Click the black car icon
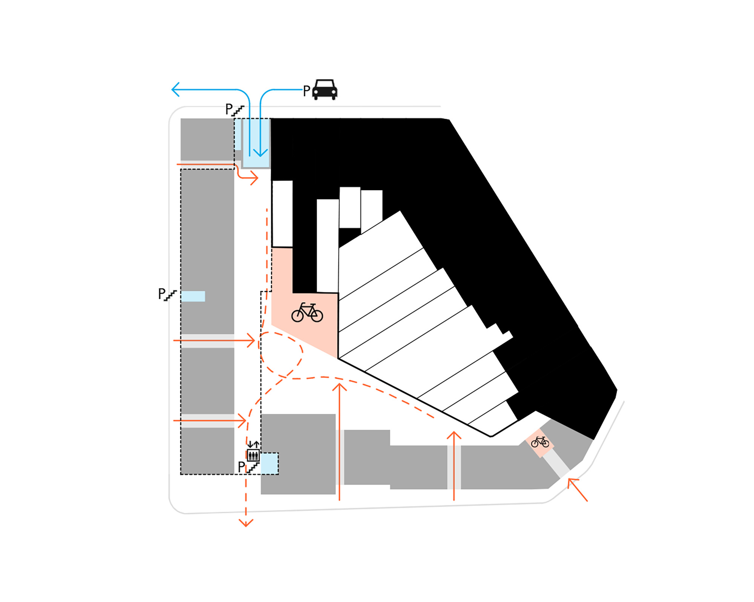coord(325,90)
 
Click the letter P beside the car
coord(307,91)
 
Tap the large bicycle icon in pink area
coord(307,312)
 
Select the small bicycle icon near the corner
coord(540,442)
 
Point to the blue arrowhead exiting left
coord(175,89)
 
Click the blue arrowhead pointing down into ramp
coord(260,152)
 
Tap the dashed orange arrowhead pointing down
coord(246,523)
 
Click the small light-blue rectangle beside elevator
coord(269,464)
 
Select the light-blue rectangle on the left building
coord(193,296)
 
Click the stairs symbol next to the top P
coord(238,111)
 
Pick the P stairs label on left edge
coord(167,294)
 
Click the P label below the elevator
coord(242,467)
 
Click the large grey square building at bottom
coord(298,454)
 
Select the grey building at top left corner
coord(207,139)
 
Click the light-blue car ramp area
coord(256,143)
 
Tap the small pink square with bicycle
coord(540,443)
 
